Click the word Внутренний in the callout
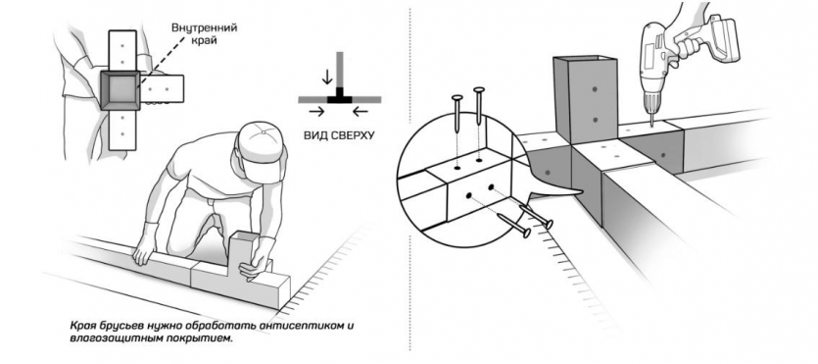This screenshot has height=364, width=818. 205,27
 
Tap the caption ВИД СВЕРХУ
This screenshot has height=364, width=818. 339,135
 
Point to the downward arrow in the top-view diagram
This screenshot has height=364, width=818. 327,77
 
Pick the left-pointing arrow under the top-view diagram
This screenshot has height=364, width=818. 361,111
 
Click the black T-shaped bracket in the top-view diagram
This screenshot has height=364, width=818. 340,97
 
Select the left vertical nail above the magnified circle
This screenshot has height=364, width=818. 457,113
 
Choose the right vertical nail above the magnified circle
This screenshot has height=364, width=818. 478,106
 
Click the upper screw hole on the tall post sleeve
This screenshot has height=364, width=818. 595,90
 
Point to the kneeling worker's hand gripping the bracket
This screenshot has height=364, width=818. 253,264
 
